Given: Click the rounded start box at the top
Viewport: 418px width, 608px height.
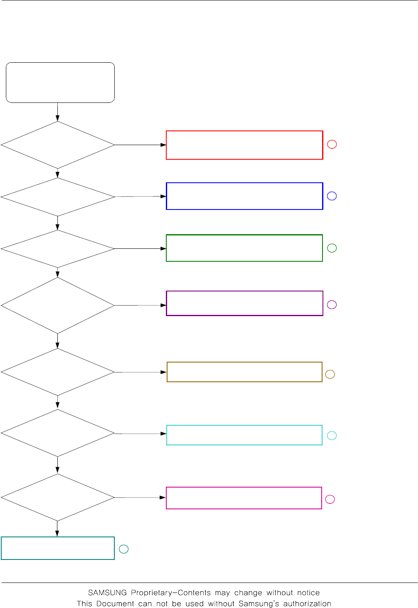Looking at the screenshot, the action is coord(60,82).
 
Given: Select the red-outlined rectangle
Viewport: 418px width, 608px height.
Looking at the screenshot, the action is coord(244,145).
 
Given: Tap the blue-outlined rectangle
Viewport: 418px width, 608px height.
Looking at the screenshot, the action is coord(244,196).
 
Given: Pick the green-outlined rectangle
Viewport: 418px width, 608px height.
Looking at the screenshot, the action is coord(244,248).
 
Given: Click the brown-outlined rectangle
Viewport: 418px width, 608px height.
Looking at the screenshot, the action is coord(244,372).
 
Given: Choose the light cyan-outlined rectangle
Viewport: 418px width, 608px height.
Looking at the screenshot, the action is coord(244,435).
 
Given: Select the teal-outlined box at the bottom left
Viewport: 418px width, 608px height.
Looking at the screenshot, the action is coord(58,548).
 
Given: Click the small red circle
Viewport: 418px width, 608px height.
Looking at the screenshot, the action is coord(332,144).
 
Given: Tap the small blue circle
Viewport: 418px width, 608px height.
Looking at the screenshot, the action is coord(332,196).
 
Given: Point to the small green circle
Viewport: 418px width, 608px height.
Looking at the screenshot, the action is coord(332,248).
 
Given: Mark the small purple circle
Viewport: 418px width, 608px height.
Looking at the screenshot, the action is coord(332,304).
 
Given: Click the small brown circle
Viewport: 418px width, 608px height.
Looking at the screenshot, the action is coord(330,374).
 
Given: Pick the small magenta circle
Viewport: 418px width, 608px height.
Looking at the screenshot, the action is coord(330,499).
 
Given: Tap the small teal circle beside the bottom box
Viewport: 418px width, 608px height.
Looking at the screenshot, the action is coord(124,549).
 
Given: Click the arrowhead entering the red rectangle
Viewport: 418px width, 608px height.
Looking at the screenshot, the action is coord(163,145).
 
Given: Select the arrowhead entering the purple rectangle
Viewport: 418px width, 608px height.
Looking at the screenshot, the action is coord(163,305).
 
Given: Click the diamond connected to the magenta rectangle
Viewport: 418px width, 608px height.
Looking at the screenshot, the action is coord(58,497).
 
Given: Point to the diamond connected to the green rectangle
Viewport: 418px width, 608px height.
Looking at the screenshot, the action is coord(58,249).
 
